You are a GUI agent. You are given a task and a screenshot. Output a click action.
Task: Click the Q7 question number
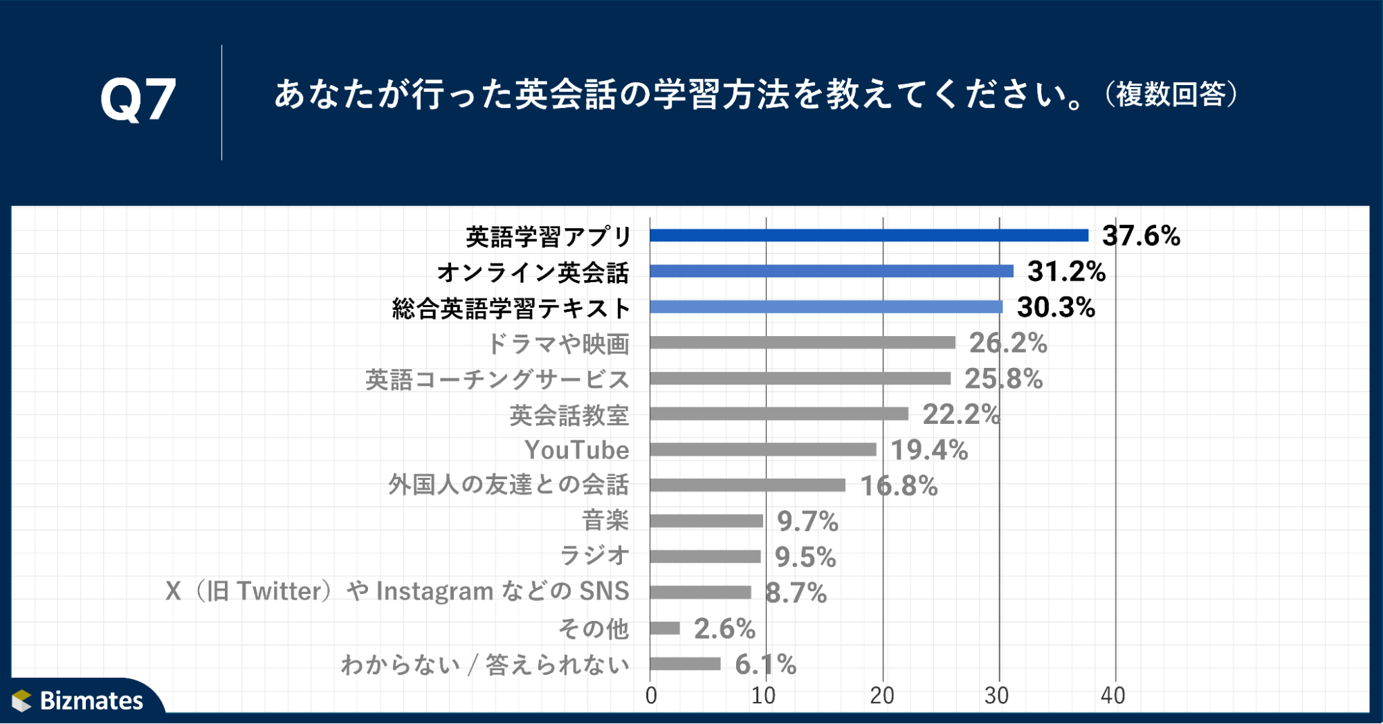[x=138, y=100]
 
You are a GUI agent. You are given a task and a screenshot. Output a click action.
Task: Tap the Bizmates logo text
[x=91, y=700]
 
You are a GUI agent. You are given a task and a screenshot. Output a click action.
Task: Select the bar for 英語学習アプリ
[x=869, y=236]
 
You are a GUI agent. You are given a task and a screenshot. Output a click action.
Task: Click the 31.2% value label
[x=1066, y=272]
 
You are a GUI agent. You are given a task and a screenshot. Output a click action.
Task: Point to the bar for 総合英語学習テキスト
[x=826, y=307]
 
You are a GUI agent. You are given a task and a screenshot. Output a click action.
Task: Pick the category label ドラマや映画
[x=558, y=344]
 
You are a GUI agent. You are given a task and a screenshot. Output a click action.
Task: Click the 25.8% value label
[x=1003, y=379]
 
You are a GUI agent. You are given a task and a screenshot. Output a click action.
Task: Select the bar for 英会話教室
[x=779, y=414]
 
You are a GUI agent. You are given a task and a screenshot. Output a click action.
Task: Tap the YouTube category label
[x=577, y=450]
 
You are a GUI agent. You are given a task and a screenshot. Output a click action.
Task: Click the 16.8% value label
[x=899, y=486]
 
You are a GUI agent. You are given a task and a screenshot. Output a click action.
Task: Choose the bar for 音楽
[x=706, y=521]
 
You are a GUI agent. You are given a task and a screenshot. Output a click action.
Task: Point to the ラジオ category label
[x=594, y=555]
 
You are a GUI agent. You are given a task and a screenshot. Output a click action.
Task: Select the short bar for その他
[x=665, y=628]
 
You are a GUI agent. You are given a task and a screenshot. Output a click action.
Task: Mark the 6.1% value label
[x=765, y=665]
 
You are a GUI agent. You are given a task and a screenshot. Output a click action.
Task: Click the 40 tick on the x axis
[x=1113, y=696]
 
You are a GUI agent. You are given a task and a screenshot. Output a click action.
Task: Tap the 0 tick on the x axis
[x=651, y=696]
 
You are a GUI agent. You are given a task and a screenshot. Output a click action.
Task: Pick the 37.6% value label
[x=1141, y=236]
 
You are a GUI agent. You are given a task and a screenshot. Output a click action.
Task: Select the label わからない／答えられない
[x=485, y=665]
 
